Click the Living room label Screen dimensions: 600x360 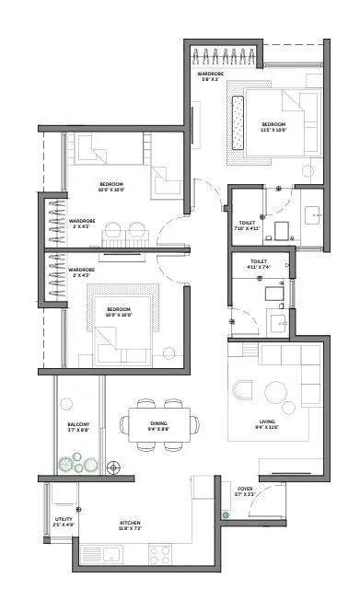tap(268, 424)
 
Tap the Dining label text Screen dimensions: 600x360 tap(158, 425)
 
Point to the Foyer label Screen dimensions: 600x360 tap(245, 491)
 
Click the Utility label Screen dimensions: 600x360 tap(63, 523)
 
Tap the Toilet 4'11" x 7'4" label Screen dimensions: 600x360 tap(259, 264)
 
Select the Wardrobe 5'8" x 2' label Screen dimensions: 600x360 tap(211, 76)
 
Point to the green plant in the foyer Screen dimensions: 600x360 tap(223, 515)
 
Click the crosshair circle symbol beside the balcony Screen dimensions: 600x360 tap(113, 468)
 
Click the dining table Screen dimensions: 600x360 tap(159, 425)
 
